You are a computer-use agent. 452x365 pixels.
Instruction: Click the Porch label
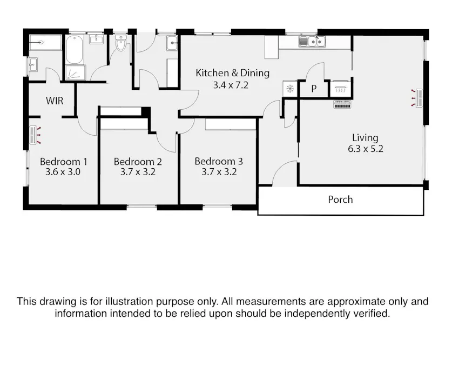pos(340,200)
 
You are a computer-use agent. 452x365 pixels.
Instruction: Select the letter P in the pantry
pos(314,89)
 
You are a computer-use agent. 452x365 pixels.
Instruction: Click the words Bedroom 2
pos(138,162)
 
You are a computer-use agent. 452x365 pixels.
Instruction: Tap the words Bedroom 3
pos(219,161)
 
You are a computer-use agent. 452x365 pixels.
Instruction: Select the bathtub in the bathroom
pos(75,50)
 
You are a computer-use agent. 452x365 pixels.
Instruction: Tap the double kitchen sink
pos(313,41)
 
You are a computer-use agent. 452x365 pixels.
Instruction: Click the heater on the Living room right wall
pos(417,98)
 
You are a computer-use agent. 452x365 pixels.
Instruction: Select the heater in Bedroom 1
pos(35,134)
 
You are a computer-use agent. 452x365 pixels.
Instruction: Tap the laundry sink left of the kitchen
pos(172,42)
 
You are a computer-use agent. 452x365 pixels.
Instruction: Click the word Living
pos(365,137)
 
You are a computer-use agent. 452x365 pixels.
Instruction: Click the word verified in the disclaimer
pos(368,314)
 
